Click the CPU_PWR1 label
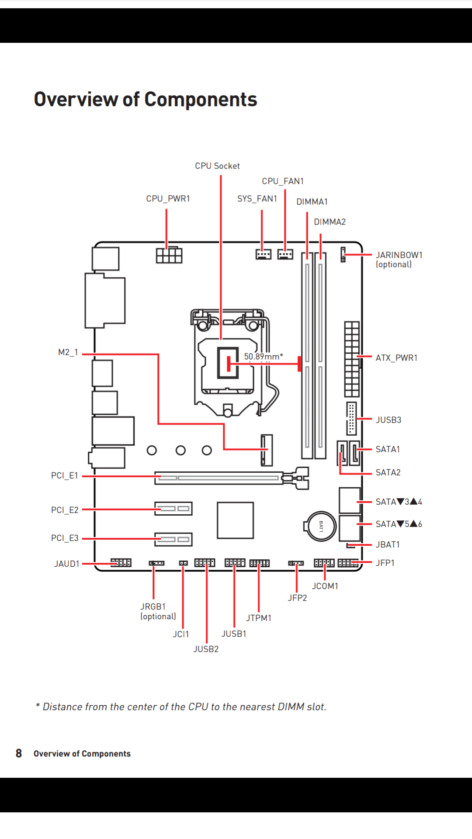coord(168,199)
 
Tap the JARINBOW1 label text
coord(399,255)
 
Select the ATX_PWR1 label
coord(396,358)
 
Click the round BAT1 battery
coord(321,526)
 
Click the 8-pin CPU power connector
coord(169,255)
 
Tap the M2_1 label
coord(68,352)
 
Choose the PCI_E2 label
coord(65,510)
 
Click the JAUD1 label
coord(67,564)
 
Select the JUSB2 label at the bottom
coord(206,649)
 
